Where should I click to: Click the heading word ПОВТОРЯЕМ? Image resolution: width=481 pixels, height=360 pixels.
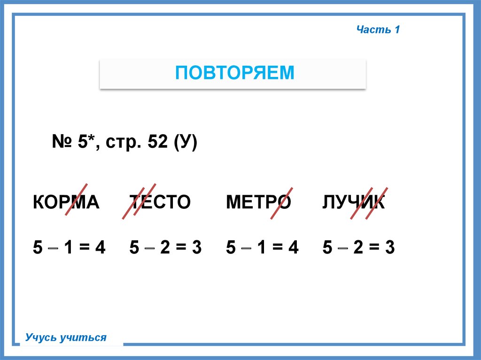coord(235,73)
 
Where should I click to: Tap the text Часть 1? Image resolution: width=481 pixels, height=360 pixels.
coord(378,30)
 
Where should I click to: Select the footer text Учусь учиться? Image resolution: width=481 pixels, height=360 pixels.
coord(66,337)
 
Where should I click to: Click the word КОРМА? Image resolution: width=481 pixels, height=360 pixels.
coord(66,202)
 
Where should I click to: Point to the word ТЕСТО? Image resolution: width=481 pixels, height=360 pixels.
coord(160,202)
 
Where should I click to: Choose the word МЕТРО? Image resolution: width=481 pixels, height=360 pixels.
coord(258,202)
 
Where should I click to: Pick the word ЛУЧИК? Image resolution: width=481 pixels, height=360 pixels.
coord(353,202)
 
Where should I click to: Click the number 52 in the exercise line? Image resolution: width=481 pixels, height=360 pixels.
coord(158,141)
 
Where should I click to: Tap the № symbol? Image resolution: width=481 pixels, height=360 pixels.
coord(62,141)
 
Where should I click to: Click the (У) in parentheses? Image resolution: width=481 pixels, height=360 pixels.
coord(185,143)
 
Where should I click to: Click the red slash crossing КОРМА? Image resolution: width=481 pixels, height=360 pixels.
coord(77,199)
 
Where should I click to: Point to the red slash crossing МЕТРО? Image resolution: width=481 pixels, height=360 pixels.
coord(282,203)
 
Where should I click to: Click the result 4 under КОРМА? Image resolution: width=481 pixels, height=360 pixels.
coord(100,247)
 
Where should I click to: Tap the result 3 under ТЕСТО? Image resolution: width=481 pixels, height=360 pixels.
coord(197,247)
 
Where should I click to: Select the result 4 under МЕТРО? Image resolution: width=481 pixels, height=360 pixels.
coord(293,247)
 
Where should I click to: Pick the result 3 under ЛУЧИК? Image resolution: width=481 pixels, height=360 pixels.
coord(390,247)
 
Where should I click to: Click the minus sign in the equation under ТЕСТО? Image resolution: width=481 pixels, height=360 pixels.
coord(149,248)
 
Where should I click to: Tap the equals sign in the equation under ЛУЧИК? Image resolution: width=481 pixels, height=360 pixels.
coord(374,247)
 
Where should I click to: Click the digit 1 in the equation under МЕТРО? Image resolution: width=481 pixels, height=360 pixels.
coord(261,247)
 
